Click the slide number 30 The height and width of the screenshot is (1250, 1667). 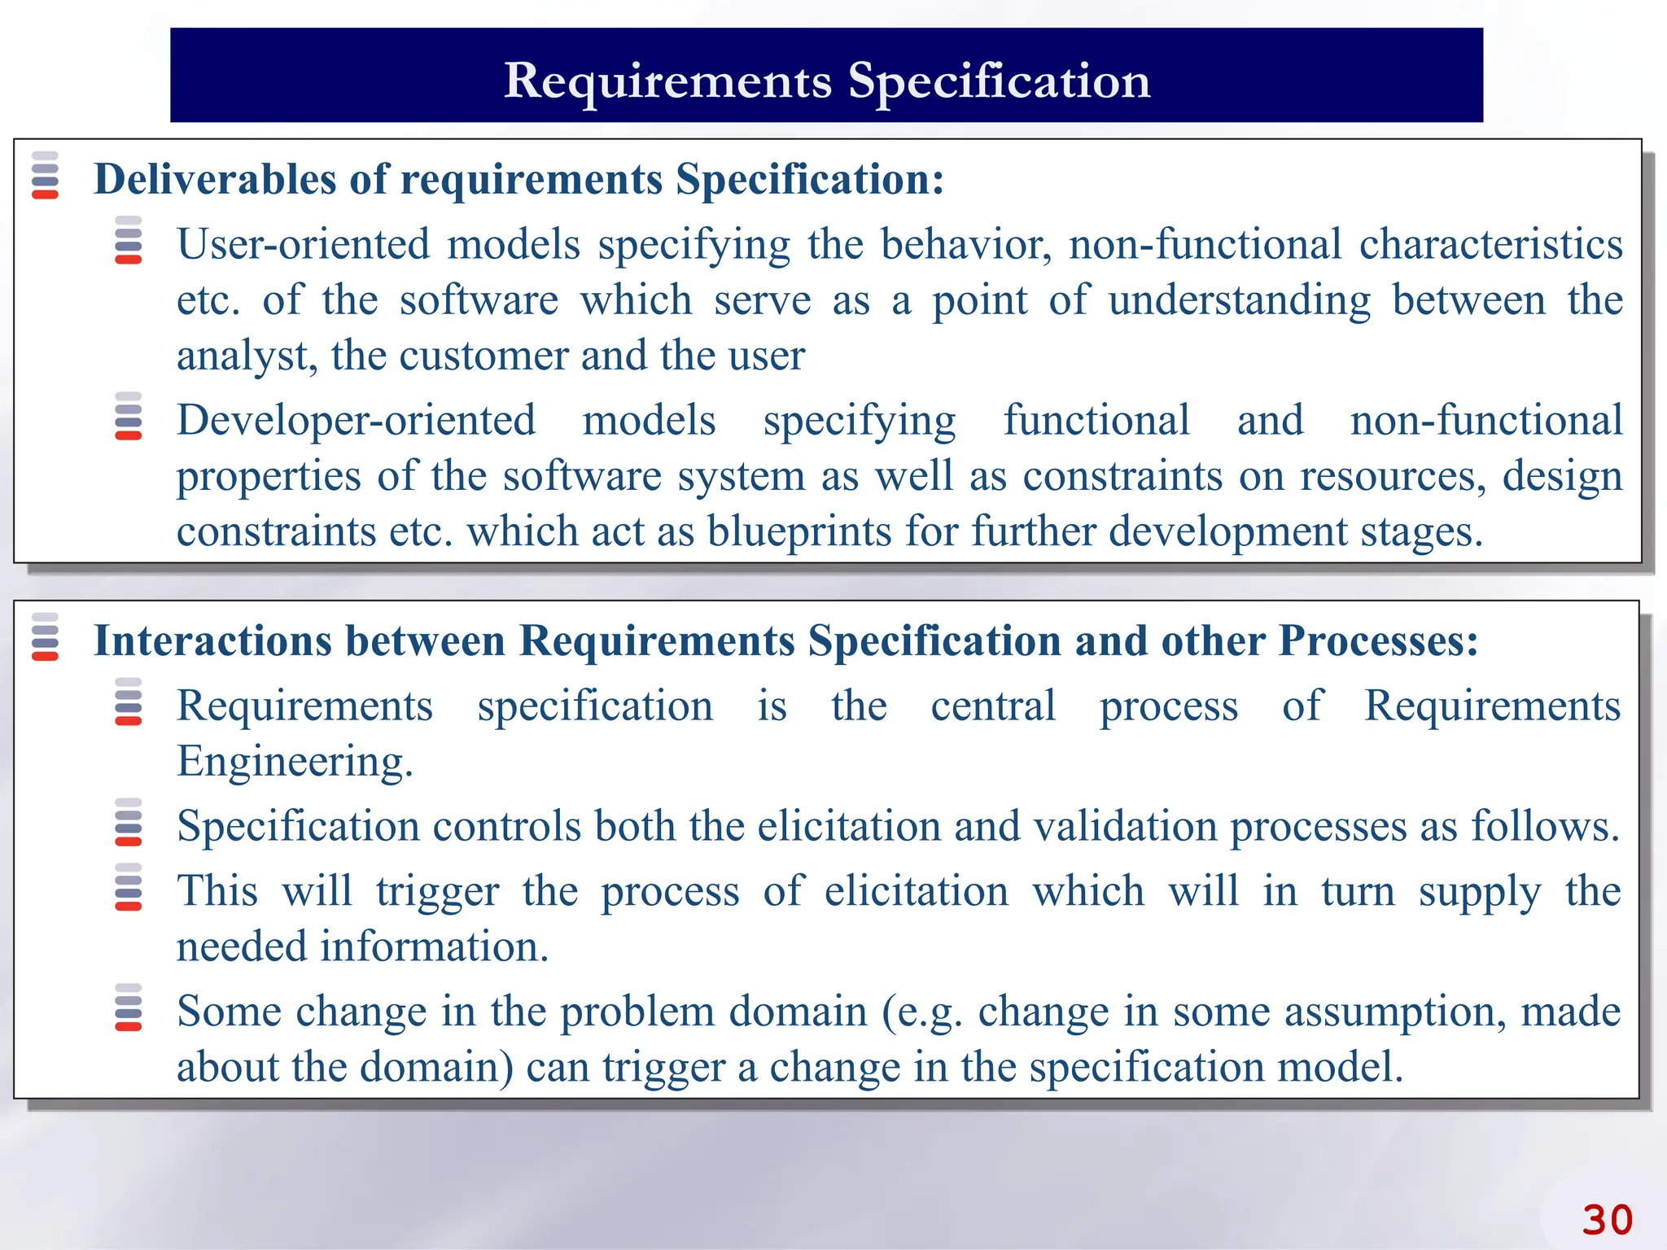click(1607, 1220)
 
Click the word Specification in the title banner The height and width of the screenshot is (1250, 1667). click(999, 81)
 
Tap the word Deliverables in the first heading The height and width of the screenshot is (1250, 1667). click(214, 179)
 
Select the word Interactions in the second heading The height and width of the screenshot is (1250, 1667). click(212, 640)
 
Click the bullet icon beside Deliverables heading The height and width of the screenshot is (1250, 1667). click(45, 175)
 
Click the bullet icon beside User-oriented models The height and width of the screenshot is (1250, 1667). click(129, 240)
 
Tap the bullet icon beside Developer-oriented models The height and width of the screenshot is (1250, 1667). click(129, 416)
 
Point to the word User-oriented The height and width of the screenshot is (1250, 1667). click(303, 244)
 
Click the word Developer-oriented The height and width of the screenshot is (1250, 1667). click(356, 421)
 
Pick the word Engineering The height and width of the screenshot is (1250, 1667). click(294, 763)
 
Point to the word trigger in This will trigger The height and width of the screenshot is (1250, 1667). click(437, 892)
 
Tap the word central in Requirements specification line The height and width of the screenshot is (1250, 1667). click(993, 706)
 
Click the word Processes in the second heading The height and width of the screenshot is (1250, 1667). click(1377, 640)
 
